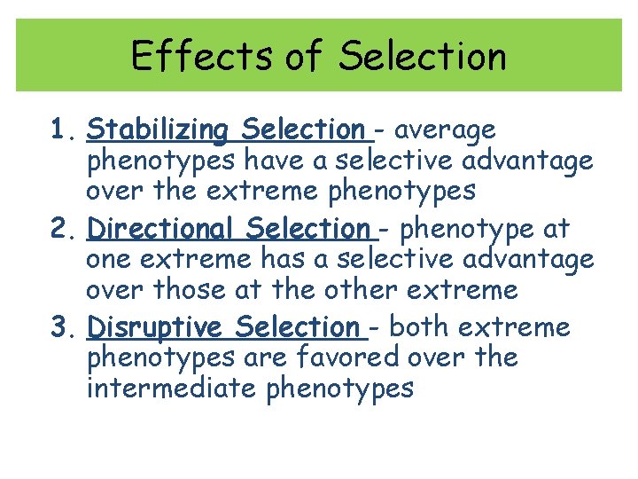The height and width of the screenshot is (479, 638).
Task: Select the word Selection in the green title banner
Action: coord(422,57)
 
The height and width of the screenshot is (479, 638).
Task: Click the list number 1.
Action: coord(59,130)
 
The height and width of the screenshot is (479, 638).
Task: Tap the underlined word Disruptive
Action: coord(155,327)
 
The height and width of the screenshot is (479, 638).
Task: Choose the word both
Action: coord(421,327)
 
